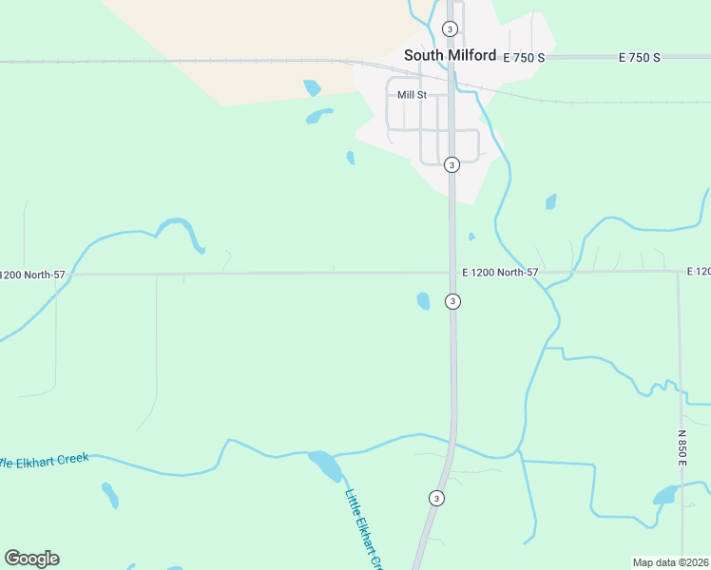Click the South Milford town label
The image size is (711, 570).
point(450,55)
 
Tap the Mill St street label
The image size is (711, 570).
point(412,95)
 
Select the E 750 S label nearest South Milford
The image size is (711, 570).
point(524,58)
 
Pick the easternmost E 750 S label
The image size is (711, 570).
point(639,58)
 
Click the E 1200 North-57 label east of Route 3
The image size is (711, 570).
point(500,273)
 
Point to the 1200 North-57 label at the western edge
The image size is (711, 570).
point(33,275)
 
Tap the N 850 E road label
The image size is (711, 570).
point(682,446)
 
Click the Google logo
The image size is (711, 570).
point(31,559)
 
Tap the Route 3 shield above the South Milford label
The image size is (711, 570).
point(451,28)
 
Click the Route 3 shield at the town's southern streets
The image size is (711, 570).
point(452,164)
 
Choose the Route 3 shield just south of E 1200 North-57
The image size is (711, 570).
point(453,301)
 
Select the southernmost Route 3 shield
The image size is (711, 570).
point(435,498)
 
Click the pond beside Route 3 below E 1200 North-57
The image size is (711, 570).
point(423,301)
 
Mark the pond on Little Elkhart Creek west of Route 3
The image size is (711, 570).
point(324,465)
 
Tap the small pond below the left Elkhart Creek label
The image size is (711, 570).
point(110,495)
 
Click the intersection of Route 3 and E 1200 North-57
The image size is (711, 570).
point(452,273)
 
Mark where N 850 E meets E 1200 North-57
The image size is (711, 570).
point(678,272)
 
